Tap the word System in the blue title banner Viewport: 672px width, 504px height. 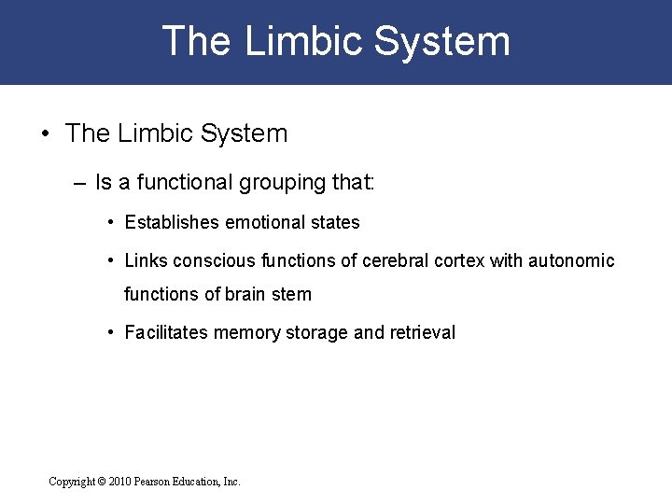(442, 42)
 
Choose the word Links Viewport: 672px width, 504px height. (144, 261)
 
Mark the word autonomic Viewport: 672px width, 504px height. (571, 261)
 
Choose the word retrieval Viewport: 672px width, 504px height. (420, 332)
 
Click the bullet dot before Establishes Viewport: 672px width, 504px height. (111, 222)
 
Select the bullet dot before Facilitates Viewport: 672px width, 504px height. (111, 332)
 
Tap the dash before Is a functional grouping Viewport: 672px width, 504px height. (78, 182)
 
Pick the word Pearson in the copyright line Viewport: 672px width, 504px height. (161, 482)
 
